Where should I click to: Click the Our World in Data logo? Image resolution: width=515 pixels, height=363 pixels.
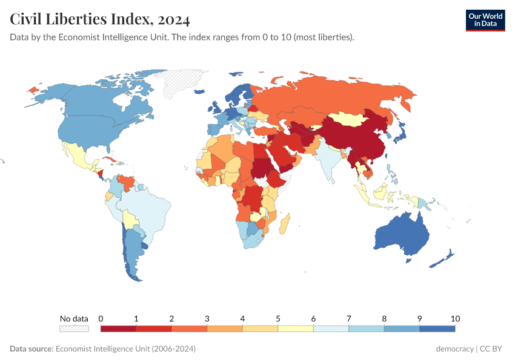click(485, 20)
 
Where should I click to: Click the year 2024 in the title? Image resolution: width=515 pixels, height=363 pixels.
click(173, 19)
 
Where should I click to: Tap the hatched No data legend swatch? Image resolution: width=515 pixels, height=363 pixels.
click(74, 329)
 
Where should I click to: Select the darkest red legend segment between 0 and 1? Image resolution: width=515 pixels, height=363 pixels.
click(118, 329)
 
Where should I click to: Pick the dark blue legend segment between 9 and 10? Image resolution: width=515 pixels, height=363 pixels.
click(437, 329)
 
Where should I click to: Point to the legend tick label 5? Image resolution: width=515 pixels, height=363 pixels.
click(277, 318)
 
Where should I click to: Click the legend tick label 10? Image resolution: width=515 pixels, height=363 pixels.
click(455, 318)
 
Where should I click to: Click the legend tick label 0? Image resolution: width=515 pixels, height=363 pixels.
click(101, 318)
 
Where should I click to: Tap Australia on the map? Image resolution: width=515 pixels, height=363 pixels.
click(402, 237)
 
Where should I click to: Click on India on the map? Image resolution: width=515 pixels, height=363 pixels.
click(328, 160)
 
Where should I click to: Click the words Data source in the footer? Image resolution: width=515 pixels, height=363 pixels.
click(32, 349)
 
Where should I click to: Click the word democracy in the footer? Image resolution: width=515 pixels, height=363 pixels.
click(454, 349)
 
